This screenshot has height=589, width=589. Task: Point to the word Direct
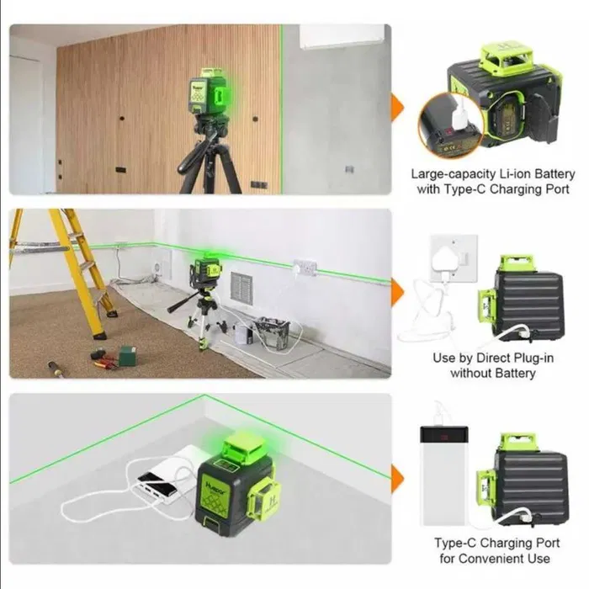point(480,358)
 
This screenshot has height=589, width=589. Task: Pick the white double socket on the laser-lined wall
point(305,268)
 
